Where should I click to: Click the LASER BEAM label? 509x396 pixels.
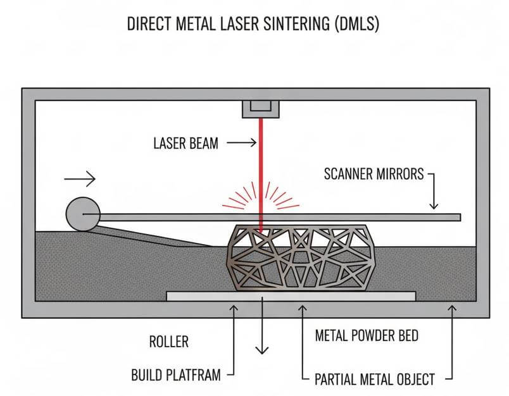[185, 144]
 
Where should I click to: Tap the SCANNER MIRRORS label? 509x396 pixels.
[373, 173]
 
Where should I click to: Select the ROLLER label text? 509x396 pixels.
[168, 342]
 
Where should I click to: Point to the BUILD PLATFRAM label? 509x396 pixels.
[176, 375]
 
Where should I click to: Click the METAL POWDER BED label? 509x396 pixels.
[367, 336]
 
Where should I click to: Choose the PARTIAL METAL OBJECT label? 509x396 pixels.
[375, 380]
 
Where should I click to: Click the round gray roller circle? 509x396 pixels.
[82, 214]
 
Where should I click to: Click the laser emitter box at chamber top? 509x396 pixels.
[260, 108]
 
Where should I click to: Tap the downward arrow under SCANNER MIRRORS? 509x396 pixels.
[434, 193]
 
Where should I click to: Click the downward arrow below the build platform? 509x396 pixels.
[261, 329]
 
